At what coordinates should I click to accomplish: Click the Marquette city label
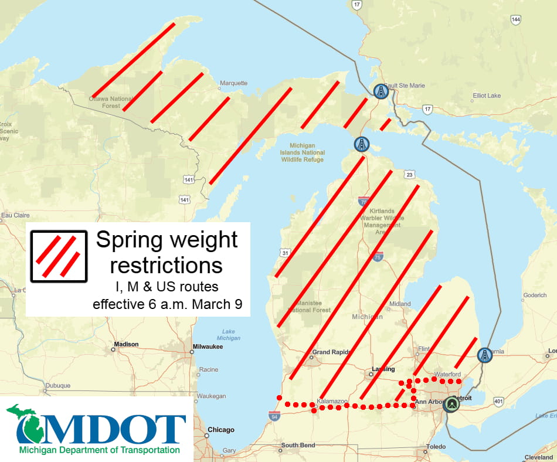click(x=233, y=83)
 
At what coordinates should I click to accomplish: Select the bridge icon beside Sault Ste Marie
click(x=381, y=91)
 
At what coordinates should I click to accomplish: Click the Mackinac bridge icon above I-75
click(x=362, y=144)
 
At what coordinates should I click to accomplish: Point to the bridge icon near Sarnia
click(x=484, y=355)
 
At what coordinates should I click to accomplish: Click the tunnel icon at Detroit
click(x=451, y=405)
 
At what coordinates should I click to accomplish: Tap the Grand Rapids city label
click(x=331, y=352)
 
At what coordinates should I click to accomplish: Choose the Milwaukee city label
click(x=208, y=346)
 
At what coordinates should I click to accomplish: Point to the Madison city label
click(x=127, y=344)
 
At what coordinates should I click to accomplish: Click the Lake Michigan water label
click(x=228, y=335)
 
